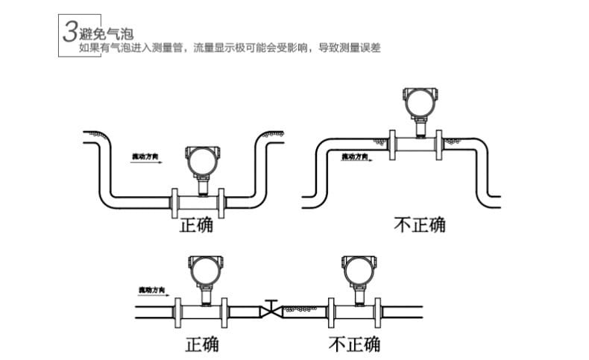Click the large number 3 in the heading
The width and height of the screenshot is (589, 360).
point(70,32)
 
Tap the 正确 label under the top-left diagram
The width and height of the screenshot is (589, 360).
point(196,224)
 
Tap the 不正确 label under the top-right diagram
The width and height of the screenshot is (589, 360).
point(420,224)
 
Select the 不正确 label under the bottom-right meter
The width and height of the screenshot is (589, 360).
point(354,344)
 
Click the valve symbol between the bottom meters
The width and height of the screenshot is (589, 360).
point(271,309)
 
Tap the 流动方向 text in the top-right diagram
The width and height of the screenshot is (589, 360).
point(355,157)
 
